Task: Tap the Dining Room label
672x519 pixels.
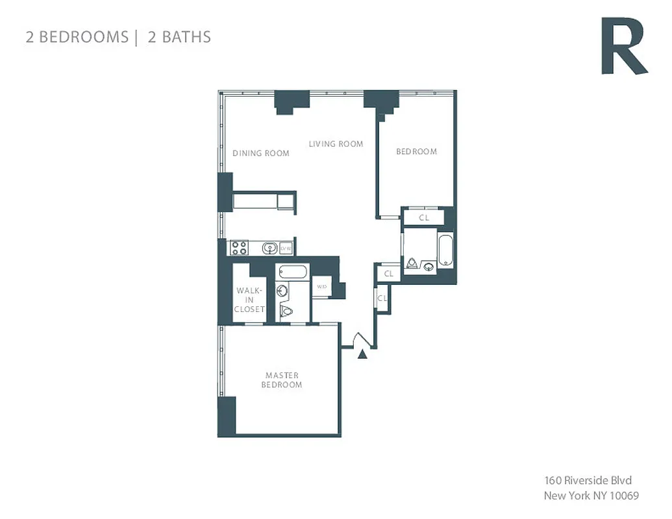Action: click(x=261, y=153)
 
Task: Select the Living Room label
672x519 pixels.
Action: click(x=336, y=143)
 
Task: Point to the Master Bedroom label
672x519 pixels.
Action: click(x=282, y=380)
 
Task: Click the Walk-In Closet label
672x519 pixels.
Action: click(x=249, y=300)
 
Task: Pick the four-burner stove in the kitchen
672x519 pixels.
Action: click(x=239, y=247)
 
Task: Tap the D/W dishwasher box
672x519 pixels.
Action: click(x=287, y=248)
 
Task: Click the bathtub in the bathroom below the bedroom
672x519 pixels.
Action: click(x=445, y=250)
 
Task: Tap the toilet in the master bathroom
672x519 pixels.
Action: click(x=286, y=311)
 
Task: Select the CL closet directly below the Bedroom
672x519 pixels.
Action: click(x=424, y=218)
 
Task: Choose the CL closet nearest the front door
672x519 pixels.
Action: click(x=382, y=298)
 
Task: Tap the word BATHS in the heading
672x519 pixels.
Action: click(x=186, y=37)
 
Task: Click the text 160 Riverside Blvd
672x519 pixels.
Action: click(x=588, y=481)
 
